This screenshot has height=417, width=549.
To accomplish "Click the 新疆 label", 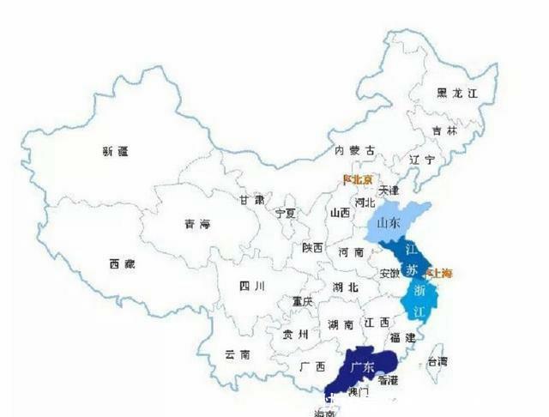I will (115, 152).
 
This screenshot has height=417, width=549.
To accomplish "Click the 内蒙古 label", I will (354, 151).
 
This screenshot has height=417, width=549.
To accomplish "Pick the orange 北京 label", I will (359, 180).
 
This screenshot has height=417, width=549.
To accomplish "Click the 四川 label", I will (250, 287).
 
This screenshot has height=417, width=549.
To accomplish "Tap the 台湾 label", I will (437, 361).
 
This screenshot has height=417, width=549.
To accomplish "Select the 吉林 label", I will (444, 131).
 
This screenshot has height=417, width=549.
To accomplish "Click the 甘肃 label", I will (251, 199).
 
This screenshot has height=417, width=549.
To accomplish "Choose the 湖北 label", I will (346, 287).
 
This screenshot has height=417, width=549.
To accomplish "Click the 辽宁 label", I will (422, 160).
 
